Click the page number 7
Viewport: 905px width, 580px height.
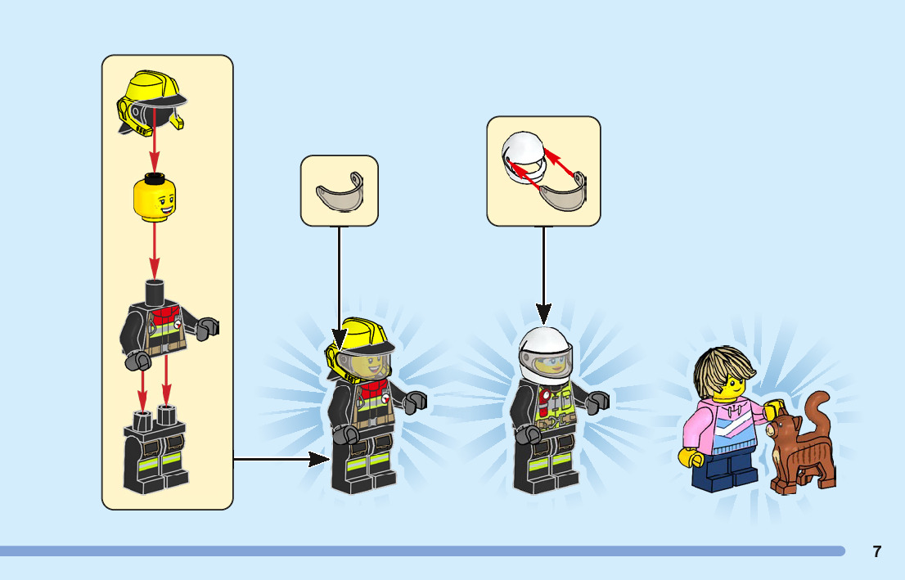pos(876,551)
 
